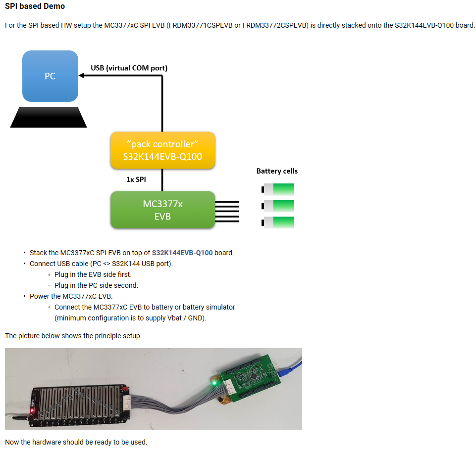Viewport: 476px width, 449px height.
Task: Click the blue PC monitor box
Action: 50,76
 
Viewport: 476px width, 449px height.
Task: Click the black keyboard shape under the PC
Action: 49,117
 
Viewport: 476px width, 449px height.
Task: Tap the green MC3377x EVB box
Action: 162,210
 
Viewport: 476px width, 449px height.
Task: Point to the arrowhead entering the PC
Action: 81,76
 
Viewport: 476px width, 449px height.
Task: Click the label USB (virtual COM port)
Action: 129,68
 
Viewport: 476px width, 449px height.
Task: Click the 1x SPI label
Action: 136,180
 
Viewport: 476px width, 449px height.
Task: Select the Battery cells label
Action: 277,171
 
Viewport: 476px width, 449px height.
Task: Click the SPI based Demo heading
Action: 35,6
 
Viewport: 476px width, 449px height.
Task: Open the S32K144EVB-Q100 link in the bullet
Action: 182,253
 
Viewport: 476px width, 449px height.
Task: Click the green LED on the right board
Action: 214,382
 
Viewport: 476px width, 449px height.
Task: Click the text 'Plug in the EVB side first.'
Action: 93,274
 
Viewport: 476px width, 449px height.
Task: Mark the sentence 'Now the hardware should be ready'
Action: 76,442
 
